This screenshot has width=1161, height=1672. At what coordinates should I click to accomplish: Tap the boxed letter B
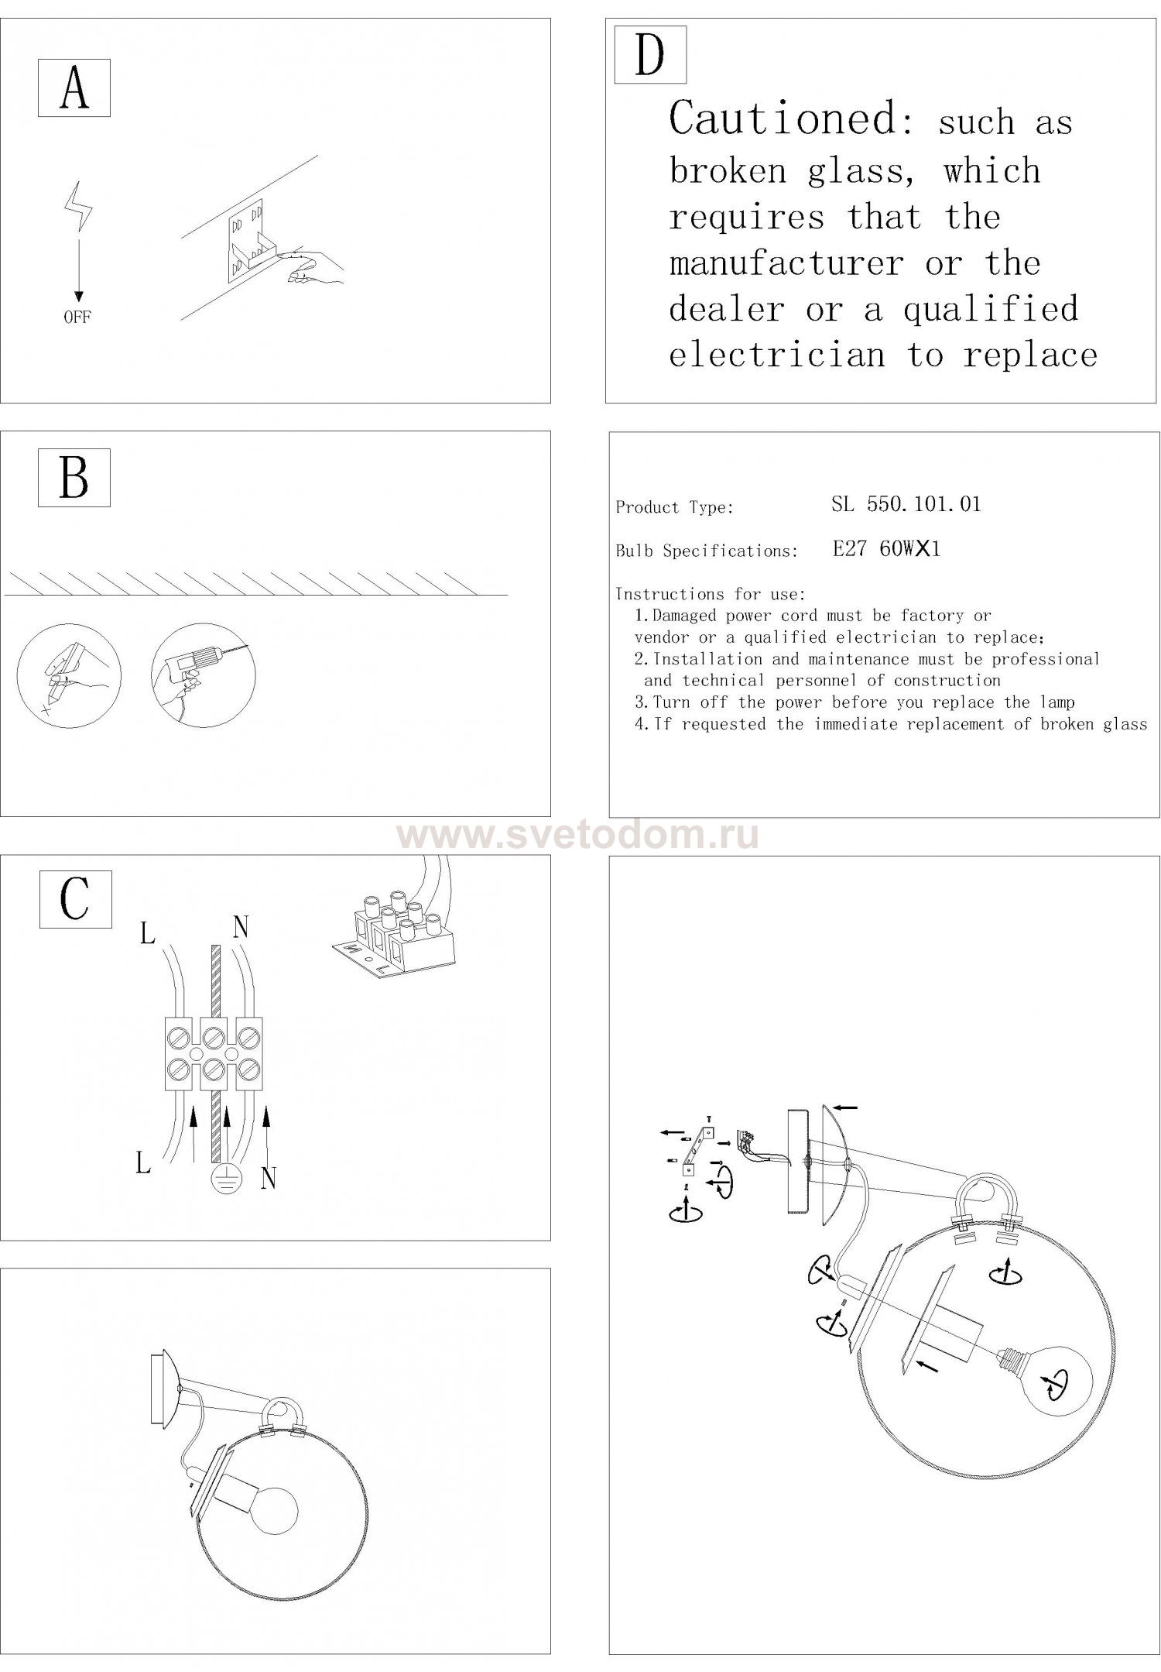pyautogui.click(x=74, y=478)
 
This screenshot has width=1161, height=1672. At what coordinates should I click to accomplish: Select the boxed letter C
pyautogui.click(x=75, y=899)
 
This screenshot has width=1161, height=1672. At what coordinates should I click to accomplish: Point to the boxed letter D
pyautogui.click(x=650, y=55)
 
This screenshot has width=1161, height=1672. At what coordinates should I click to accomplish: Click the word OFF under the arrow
pyautogui.click(x=77, y=318)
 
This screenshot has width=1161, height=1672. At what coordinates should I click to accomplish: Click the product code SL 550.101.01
pyautogui.click(x=906, y=505)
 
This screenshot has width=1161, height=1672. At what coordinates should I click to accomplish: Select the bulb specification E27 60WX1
pyautogui.click(x=886, y=549)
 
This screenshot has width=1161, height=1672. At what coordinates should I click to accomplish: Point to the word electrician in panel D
pyautogui.click(x=776, y=355)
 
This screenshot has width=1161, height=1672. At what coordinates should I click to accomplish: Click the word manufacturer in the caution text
pyautogui.click(x=786, y=264)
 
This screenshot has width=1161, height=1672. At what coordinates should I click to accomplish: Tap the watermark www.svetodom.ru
pyautogui.click(x=578, y=836)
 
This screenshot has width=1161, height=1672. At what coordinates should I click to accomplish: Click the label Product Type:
pyautogui.click(x=674, y=508)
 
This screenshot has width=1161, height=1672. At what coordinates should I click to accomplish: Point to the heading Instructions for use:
pyautogui.click(x=711, y=594)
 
